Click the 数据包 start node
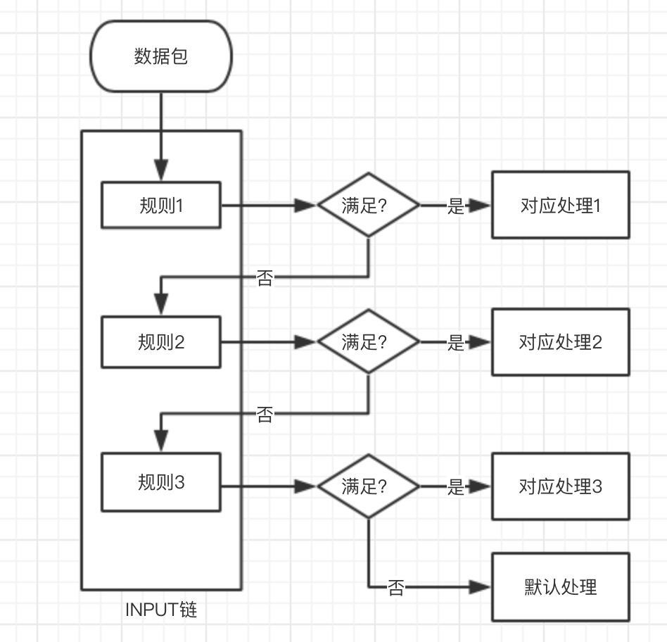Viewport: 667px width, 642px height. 161,56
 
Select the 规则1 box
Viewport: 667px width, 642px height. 161,206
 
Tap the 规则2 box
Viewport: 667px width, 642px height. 161,342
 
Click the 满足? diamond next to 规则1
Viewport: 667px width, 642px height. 369,206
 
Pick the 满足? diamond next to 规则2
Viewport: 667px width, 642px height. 369,342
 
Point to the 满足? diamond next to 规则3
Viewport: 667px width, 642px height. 369,486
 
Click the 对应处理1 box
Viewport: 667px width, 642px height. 560,206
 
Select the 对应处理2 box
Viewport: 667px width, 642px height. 560,342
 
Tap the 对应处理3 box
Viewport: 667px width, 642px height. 560,486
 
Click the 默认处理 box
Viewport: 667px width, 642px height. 560,586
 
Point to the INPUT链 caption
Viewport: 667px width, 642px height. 161,610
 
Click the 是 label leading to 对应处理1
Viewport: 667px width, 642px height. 456,206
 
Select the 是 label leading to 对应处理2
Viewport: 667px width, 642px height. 456,343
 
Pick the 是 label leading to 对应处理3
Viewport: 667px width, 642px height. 456,487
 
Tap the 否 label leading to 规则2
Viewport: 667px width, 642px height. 265,278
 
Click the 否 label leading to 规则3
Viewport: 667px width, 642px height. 265,415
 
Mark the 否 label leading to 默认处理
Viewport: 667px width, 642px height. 396,588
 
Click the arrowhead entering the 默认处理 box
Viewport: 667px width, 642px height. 481,586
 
